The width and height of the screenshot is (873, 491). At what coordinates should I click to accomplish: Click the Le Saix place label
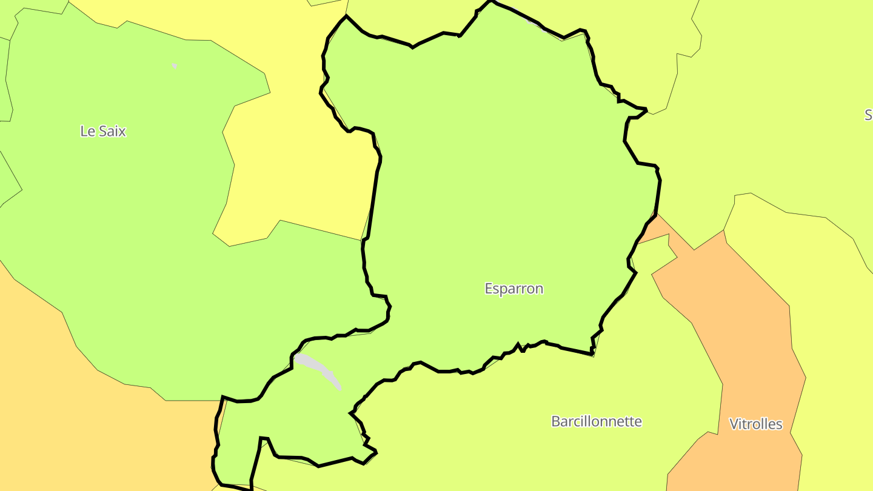(103, 131)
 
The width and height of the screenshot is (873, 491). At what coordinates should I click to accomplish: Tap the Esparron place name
(513, 289)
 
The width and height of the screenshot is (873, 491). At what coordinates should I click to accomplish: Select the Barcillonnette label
(596, 421)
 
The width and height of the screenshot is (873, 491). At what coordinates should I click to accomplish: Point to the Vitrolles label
(755, 424)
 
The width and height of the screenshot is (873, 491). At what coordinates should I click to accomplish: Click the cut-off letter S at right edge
(869, 115)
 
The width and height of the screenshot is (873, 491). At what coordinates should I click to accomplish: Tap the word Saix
(111, 131)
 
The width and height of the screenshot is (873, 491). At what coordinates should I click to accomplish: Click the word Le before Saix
(87, 131)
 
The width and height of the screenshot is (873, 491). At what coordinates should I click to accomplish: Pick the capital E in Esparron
(489, 289)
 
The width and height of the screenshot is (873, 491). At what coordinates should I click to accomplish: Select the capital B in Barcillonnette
(555, 421)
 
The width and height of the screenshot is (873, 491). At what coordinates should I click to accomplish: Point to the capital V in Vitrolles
(734, 424)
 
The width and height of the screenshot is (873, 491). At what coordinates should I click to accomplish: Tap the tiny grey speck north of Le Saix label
(175, 65)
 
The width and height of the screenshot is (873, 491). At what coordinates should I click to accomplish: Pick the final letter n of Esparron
(539, 289)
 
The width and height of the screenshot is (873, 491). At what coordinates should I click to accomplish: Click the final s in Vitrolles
(779, 425)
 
